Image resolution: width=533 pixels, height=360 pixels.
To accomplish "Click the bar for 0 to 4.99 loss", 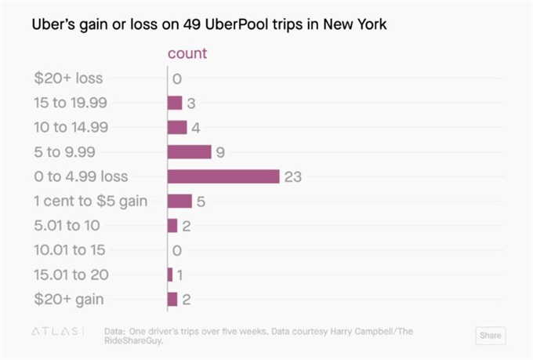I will click(223, 176).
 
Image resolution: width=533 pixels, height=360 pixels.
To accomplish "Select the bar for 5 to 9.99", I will click(189, 152).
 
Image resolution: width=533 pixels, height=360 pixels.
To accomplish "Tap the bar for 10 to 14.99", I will click(177, 128).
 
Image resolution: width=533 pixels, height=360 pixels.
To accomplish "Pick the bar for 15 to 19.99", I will click(175, 103).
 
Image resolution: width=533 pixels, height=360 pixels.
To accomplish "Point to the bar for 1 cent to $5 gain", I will click(179, 202).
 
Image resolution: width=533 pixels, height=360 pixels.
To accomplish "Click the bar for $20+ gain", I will click(172, 299).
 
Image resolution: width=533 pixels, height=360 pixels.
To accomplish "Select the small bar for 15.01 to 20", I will click(170, 275).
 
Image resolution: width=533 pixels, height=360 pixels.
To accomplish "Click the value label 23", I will click(293, 177).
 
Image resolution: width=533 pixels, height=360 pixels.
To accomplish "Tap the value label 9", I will click(220, 152).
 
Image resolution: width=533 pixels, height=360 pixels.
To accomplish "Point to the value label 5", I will click(201, 202).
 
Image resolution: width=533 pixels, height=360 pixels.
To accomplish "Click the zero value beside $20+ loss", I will click(177, 78).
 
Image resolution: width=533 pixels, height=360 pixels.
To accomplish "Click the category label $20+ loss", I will click(68, 78).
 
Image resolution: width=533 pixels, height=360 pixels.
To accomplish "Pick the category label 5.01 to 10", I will click(67, 226).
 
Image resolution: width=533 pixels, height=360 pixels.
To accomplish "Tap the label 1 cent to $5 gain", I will click(90, 202).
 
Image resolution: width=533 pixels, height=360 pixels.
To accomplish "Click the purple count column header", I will click(188, 53).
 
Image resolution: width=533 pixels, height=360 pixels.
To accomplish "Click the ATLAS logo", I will click(56, 332).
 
